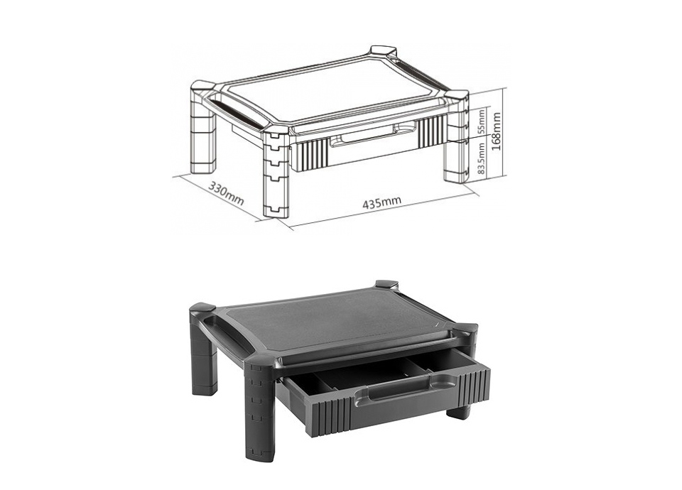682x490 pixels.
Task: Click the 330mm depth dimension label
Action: [226, 193]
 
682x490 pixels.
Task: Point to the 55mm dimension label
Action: [482, 121]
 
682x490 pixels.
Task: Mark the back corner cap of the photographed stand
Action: [387, 285]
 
